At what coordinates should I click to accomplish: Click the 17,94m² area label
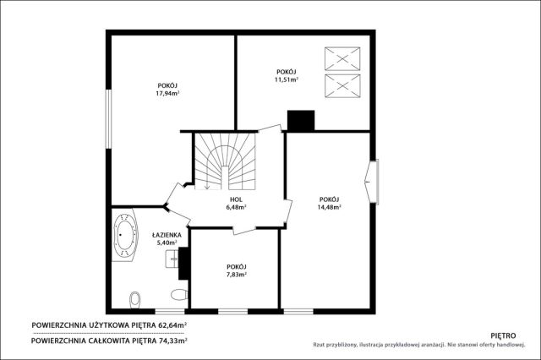point(167,93)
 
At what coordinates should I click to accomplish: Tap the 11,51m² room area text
point(287,79)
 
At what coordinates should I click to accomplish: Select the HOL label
point(237,199)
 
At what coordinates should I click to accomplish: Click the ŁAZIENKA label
point(167,235)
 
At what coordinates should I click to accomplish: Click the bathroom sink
point(172,259)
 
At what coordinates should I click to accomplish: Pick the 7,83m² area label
point(237,275)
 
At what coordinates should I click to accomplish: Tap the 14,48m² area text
point(329,207)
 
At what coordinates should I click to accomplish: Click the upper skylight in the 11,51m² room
point(342,59)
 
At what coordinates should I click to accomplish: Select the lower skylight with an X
point(342,86)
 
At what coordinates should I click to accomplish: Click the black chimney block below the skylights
point(301,121)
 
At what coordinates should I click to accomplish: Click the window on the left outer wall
point(109,119)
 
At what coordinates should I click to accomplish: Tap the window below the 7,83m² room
point(233,312)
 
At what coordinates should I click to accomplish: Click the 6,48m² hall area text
point(236,207)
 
